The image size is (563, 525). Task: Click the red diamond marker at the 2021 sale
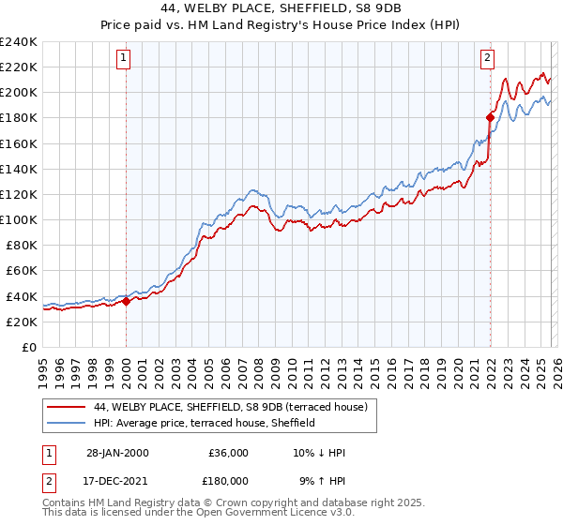[x=490, y=117]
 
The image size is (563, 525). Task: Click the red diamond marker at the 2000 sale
[x=126, y=302]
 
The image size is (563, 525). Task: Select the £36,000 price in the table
[x=228, y=453]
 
